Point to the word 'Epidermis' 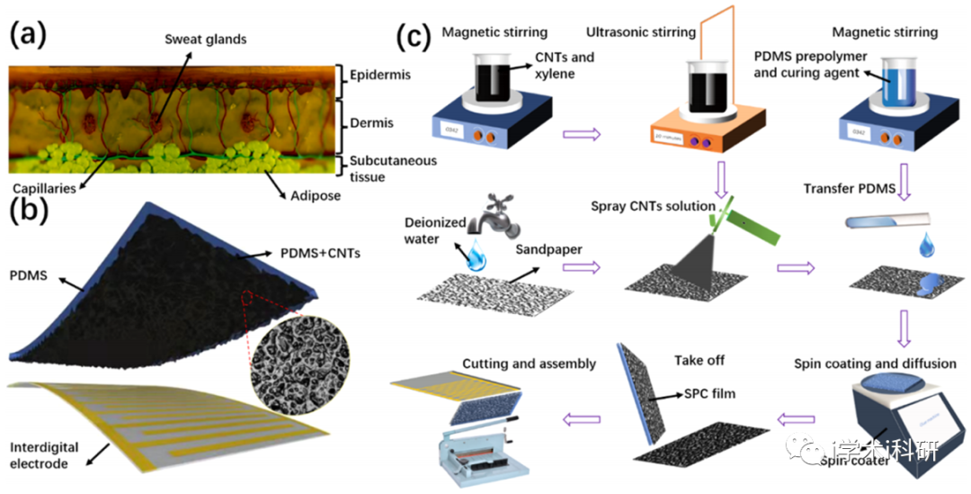(x=381, y=75)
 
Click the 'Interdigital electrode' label (x=44, y=456)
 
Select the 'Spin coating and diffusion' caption (x=874, y=364)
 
